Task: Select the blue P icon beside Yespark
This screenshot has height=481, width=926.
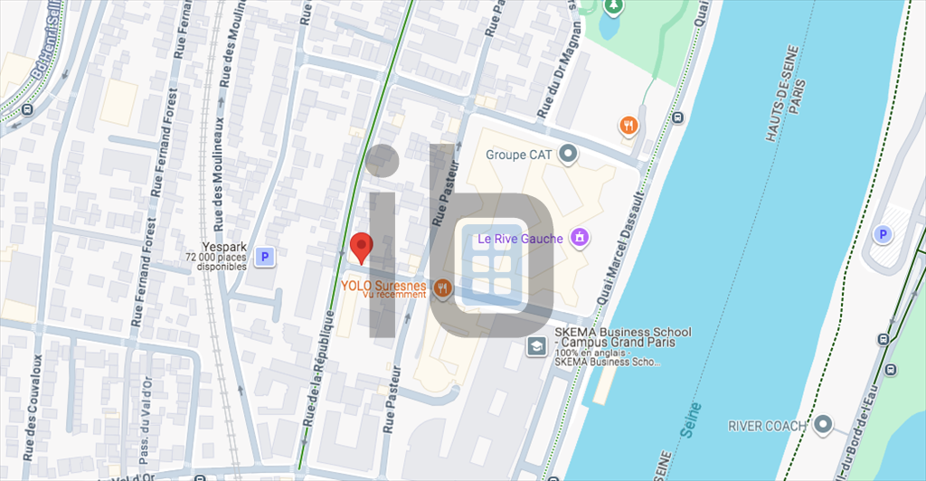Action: pos(264,258)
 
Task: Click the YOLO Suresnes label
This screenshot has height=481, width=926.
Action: pos(383,285)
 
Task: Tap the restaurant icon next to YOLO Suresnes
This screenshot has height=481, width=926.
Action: pos(442,288)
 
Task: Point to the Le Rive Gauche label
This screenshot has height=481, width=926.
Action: pos(520,239)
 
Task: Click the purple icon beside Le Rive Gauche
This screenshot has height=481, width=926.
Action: pos(580,239)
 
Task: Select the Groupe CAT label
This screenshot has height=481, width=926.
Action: pos(518,155)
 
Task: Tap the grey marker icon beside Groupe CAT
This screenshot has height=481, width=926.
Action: pos(568,155)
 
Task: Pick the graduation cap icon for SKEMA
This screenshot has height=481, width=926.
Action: pos(536,345)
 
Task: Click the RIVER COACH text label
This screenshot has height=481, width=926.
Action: pos(768,425)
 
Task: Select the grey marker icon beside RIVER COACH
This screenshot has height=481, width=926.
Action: pos(822,424)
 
